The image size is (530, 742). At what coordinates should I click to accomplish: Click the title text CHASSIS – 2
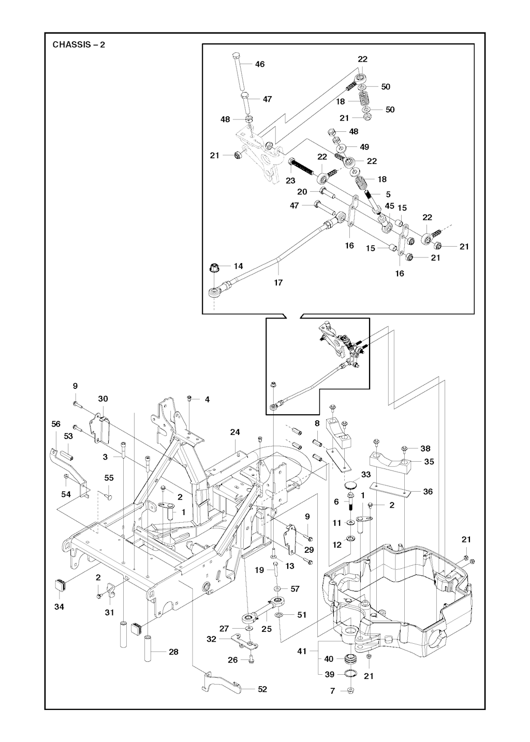pos(79,44)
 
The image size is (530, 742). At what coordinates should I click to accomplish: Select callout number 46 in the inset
pos(260,64)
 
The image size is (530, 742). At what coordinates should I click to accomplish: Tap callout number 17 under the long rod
pos(278,282)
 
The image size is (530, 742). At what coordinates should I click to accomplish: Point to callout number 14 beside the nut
pos(238,266)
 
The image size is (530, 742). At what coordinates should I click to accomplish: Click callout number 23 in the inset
pos(290,180)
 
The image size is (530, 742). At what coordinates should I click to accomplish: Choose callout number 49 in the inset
pos(364,147)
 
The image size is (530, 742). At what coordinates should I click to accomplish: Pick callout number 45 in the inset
pos(390,206)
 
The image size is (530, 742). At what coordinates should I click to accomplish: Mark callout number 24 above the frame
pos(235,432)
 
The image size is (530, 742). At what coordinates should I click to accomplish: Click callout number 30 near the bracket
pos(103,399)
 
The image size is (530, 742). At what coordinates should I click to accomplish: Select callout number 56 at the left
pos(56,424)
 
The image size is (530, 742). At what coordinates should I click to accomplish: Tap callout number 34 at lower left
pos(60,607)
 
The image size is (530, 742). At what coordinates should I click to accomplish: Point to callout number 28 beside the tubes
pos(173,652)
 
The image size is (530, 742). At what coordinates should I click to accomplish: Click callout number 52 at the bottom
pos(262,689)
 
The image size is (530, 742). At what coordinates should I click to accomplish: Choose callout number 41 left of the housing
pos(302,651)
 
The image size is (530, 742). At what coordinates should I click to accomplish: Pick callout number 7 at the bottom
pos(332,691)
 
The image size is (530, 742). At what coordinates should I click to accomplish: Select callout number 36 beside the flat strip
pos(428,492)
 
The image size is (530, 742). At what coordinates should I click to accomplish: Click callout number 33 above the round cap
pos(366,475)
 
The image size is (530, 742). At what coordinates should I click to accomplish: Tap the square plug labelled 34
pos(60,584)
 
